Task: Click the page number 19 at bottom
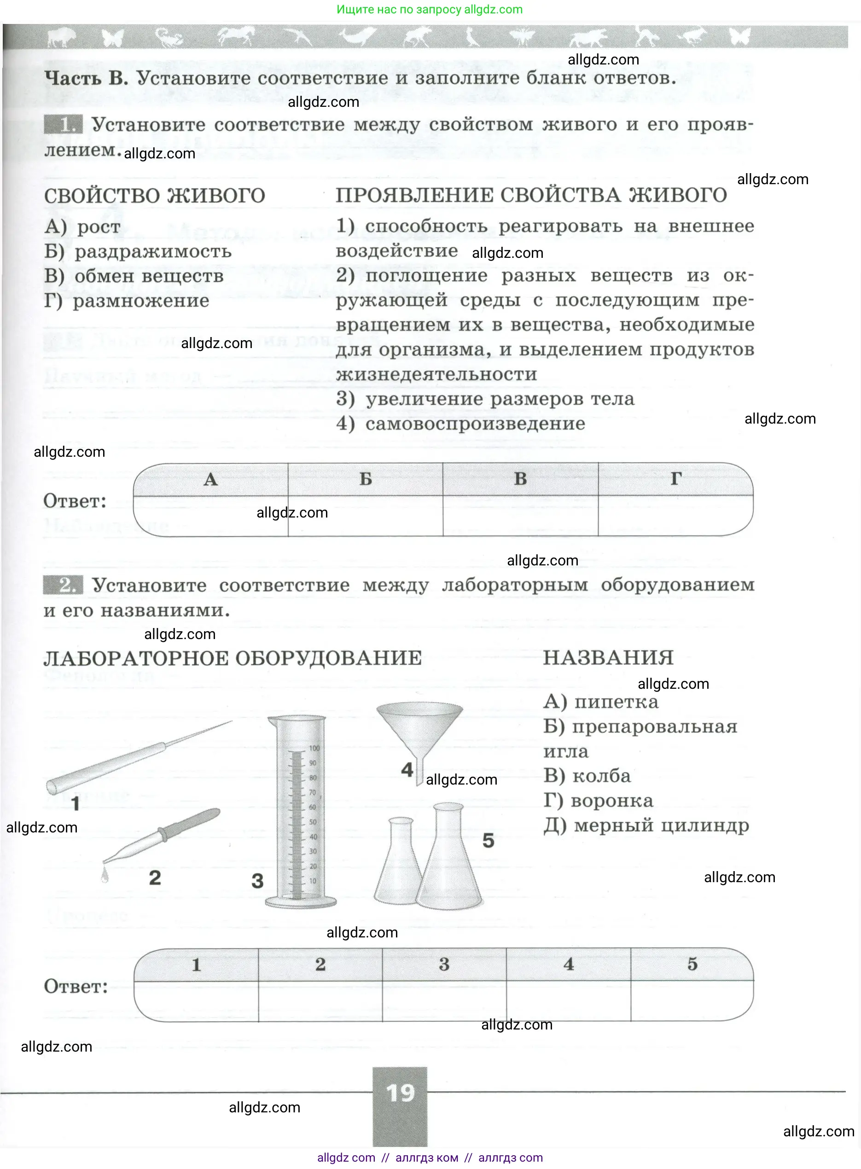pos(400,1093)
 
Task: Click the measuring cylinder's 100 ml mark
pos(314,748)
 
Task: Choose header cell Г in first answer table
pos(675,479)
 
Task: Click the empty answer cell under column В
pos(520,516)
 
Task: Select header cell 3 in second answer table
pos(444,965)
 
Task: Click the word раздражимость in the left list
pos(153,252)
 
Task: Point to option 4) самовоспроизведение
pos(460,424)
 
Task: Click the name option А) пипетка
pos(600,702)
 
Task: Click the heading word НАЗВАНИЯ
pos(608,658)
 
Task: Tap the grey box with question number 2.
pos(63,585)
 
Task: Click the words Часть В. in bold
pos(86,78)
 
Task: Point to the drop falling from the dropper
pos(105,876)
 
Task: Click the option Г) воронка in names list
pos(598,801)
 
